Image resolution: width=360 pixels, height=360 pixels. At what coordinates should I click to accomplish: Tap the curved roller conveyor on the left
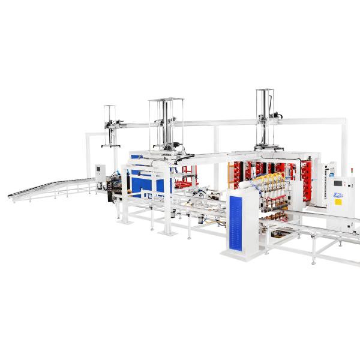[51, 188]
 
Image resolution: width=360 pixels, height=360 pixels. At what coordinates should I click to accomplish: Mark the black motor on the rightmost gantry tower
[275, 113]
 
